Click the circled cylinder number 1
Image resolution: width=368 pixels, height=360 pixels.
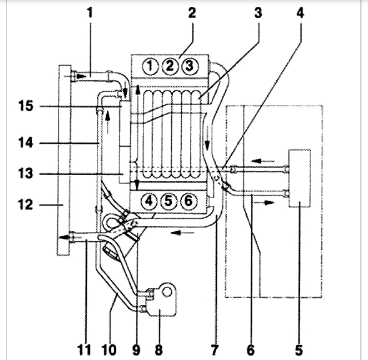(x=150, y=66)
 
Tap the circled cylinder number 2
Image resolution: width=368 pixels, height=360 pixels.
(x=170, y=66)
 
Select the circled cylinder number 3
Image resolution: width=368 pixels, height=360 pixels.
(x=190, y=66)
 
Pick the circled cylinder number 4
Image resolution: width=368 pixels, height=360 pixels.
(x=149, y=201)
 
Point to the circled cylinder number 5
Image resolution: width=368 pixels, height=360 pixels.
(x=169, y=201)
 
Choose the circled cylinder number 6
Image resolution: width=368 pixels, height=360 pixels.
(x=189, y=201)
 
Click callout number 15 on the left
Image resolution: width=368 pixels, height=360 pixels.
(x=26, y=106)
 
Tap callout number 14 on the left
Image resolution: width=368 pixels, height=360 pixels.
(x=26, y=142)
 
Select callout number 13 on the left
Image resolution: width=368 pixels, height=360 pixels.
(x=26, y=174)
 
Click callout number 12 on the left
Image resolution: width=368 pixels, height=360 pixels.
(x=26, y=205)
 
